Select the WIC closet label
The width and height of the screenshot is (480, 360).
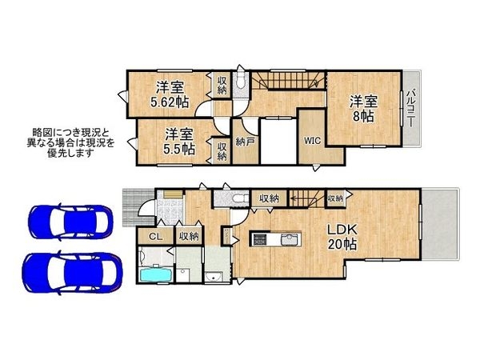pyautogui.click(x=312, y=141)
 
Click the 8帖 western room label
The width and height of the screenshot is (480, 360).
pyautogui.click(x=362, y=109)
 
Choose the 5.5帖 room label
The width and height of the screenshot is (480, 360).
pyautogui.click(x=178, y=141)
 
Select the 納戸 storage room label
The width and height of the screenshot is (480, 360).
pyautogui.click(x=244, y=142)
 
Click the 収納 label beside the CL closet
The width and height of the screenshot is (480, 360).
pyautogui.click(x=188, y=236)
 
